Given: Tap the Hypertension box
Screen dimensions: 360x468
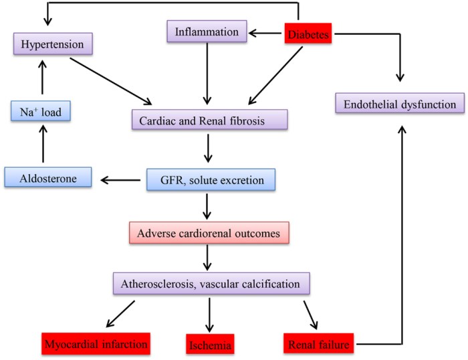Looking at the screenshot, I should point(51,44).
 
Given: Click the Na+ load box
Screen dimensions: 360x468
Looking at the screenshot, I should point(41,112).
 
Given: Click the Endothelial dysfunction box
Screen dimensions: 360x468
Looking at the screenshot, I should point(399,104).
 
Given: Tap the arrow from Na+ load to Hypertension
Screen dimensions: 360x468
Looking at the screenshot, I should point(42,78).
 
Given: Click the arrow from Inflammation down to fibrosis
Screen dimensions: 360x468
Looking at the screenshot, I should point(207,74).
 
